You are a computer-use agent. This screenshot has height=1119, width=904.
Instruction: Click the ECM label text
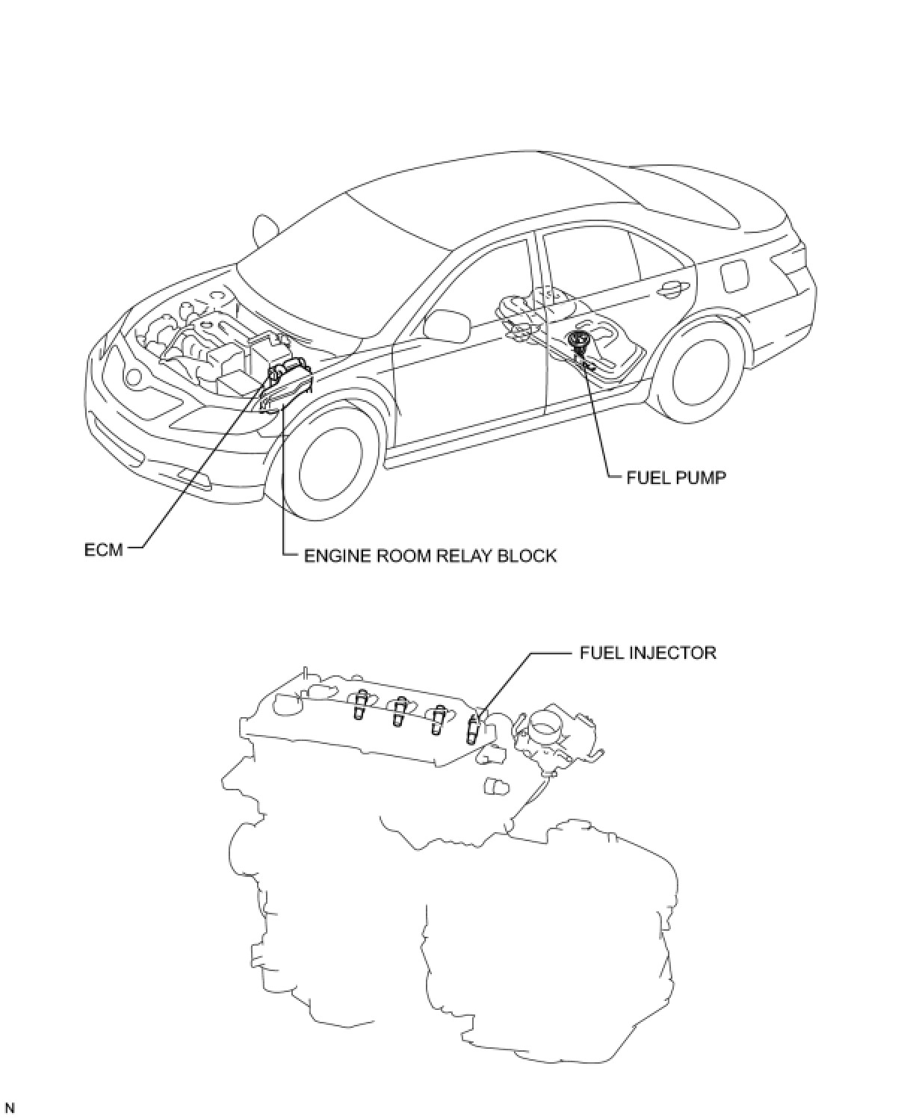point(103,551)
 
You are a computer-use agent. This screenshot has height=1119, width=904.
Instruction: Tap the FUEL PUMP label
point(675,477)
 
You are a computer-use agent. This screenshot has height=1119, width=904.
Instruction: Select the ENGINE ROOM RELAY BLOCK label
point(430,556)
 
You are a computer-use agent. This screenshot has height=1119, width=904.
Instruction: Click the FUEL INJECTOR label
point(647,653)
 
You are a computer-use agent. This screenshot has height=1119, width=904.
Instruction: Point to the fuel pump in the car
point(577,341)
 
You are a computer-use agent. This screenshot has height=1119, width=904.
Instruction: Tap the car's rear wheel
point(704,373)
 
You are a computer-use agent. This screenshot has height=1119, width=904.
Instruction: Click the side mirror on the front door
point(446,324)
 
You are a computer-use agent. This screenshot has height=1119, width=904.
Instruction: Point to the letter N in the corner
point(10,1108)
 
